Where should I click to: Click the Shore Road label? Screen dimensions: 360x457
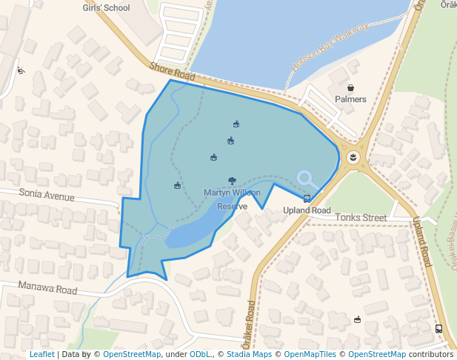click(x=172, y=72)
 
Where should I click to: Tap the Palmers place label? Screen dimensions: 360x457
click(x=350, y=99)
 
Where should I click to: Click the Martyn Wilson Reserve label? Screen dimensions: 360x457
click(x=232, y=199)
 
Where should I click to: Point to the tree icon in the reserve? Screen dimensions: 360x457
click(x=232, y=181)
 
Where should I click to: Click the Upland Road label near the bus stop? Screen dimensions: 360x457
click(x=307, y=210)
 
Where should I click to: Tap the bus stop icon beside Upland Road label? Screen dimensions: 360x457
click(x=307, y=198)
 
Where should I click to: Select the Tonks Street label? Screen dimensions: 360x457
click(x=361, y=218)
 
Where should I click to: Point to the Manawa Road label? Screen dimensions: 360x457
click(x=49, y=289)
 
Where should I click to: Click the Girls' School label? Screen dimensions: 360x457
click(x=106, y=8)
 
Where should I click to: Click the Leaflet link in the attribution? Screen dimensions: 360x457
click(x=41, y=355)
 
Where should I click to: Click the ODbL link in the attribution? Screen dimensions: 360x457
click(x=200, y=355)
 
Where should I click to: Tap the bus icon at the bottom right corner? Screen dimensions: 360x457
click(x=438, y=329)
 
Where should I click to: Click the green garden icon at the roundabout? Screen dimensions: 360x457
click(x=353, y=157)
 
